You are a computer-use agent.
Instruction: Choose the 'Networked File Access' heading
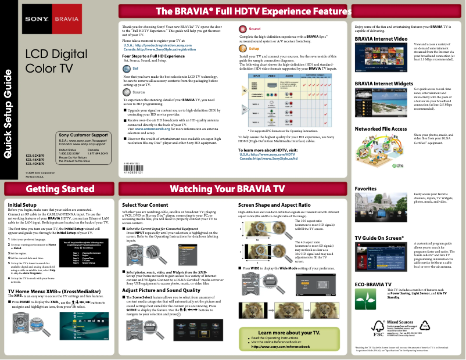pos(381,128)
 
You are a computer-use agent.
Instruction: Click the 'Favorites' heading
pos(365,189)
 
